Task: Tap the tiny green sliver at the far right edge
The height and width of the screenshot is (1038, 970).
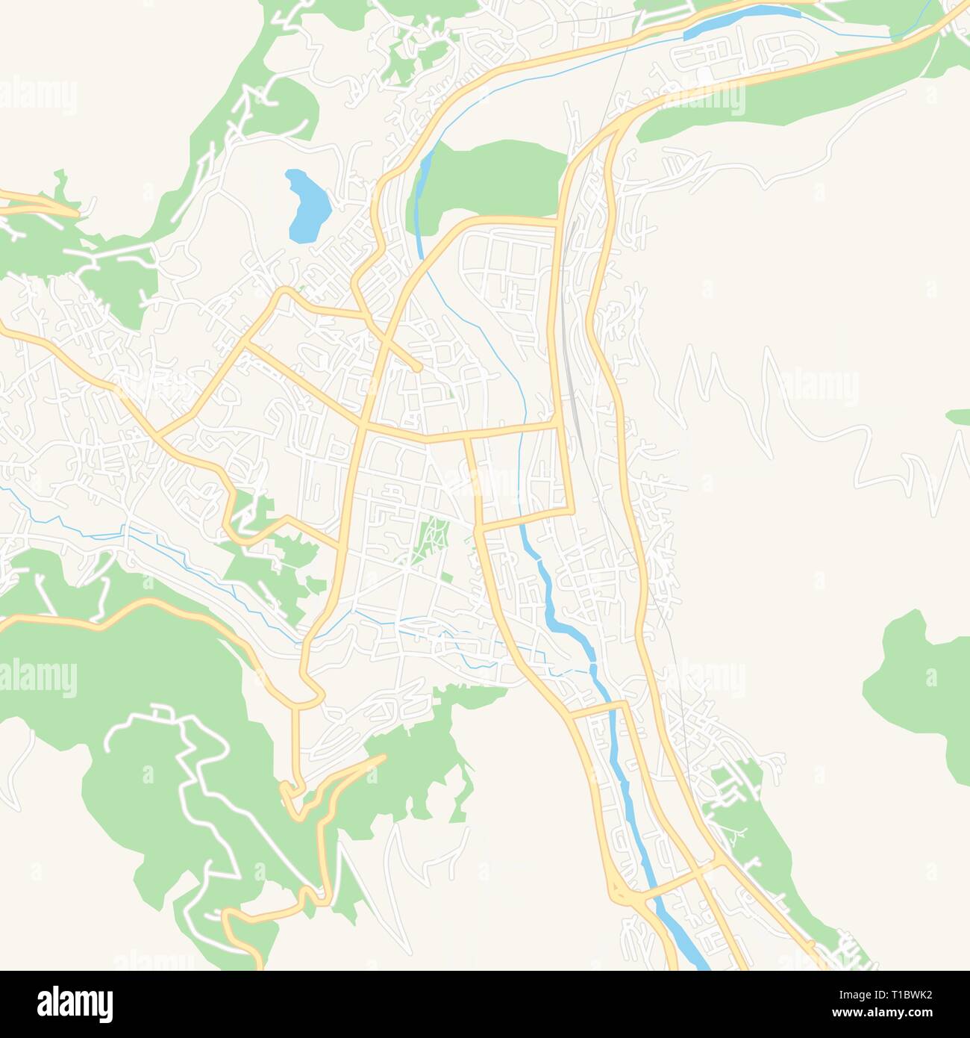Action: click(x=958, y=415)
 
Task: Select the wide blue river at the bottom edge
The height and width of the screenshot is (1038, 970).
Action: click(x=690, y=948)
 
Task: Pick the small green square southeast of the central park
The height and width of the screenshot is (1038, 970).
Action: click(x=448, y=577)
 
